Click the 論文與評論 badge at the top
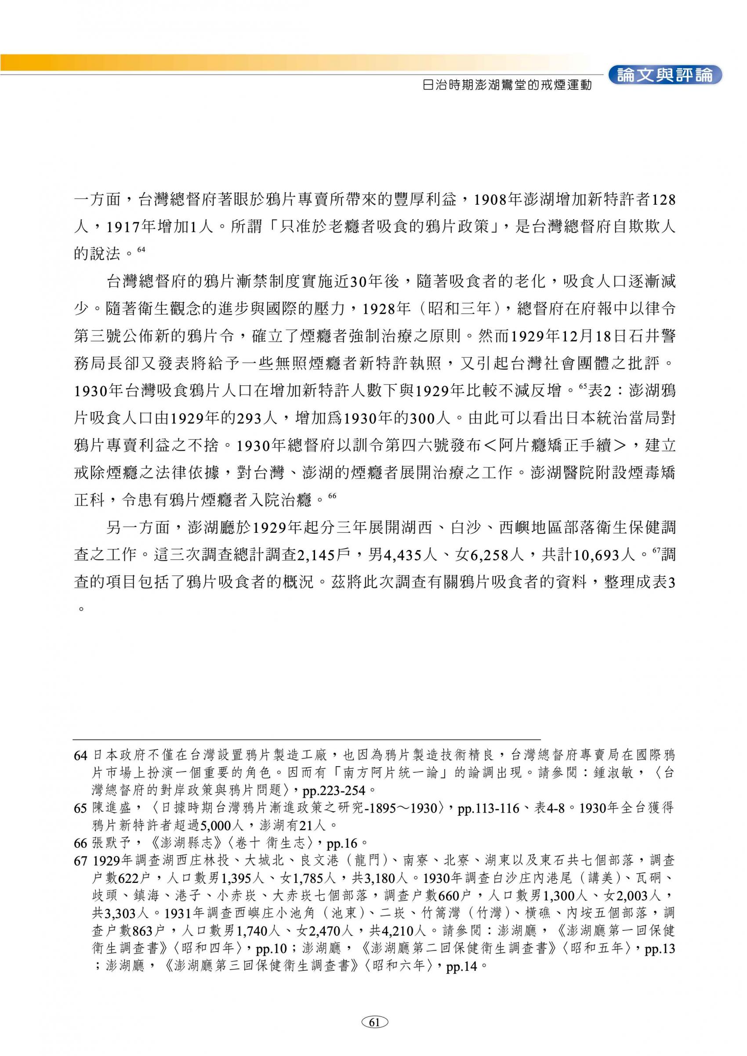[x=665, y=75]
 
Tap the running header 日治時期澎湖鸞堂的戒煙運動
[x=507, y=85]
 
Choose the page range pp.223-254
[x=333, y=791]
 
